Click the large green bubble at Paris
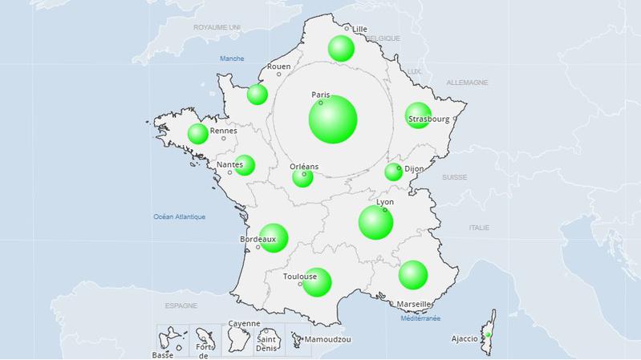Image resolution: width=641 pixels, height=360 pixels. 333,119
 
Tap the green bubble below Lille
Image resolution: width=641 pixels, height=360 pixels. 341,48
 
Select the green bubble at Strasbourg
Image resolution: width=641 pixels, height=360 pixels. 418,115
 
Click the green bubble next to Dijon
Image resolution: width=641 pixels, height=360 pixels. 394,172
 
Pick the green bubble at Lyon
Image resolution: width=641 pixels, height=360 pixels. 375,222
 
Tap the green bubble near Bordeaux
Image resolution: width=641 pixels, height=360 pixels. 273,237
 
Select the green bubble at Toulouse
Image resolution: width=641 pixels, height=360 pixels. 317,281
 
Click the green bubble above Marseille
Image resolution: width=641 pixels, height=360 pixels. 413,274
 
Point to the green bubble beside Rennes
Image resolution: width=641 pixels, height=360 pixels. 198,134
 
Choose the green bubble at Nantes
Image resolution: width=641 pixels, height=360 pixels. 245,165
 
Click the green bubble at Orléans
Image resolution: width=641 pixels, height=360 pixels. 302,177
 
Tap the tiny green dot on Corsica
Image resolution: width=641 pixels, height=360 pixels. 489,334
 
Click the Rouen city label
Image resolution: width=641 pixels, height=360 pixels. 279,67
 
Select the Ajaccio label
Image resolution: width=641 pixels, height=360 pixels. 465,339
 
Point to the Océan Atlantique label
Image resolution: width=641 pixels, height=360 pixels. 180,216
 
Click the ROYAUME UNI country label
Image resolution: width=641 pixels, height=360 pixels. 217,27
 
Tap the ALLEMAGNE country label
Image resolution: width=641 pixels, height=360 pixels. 467,83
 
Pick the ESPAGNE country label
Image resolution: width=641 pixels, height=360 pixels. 181,306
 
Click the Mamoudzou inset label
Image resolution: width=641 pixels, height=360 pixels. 327,340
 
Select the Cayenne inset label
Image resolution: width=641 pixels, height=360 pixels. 244,324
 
